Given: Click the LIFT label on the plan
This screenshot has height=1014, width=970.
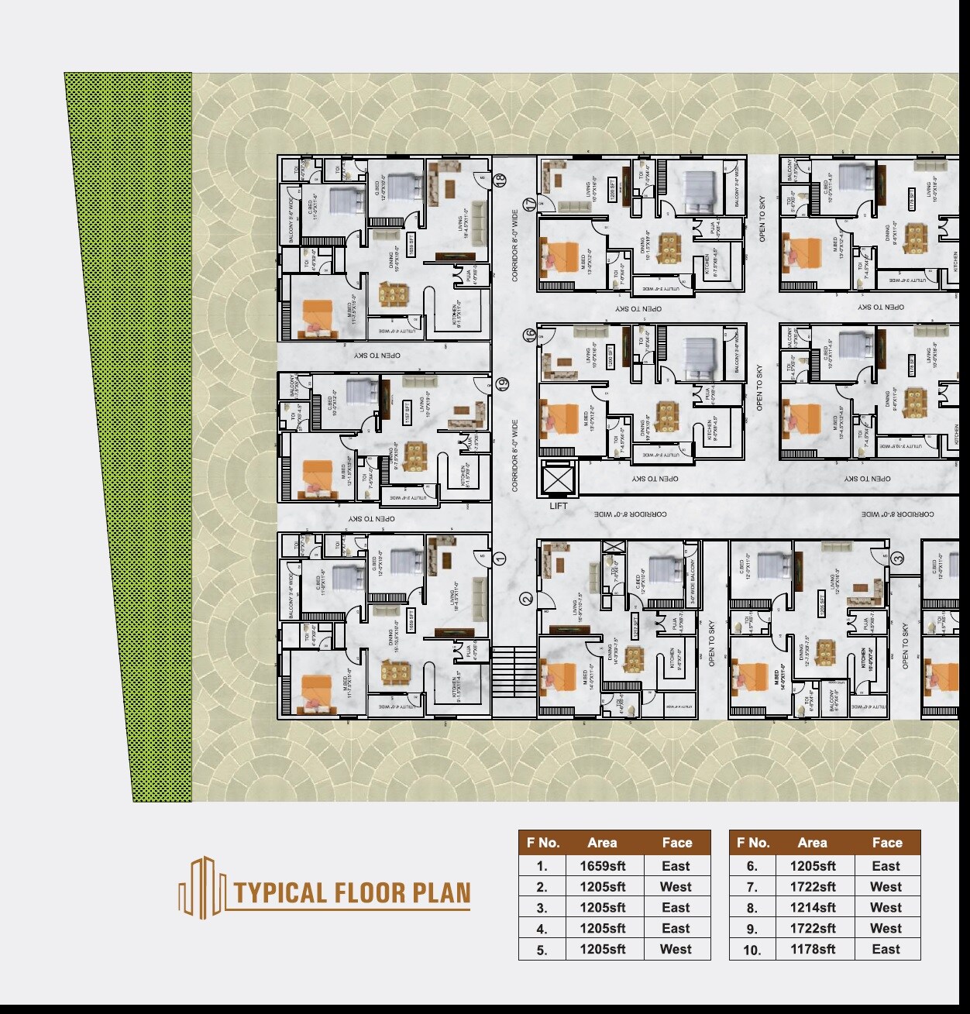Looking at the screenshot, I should [558, 506].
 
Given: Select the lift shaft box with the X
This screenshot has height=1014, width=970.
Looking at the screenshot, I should [557, 480].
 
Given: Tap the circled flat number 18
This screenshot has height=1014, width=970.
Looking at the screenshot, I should [500, 180].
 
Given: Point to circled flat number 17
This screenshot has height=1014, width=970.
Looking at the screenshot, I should [529, 205].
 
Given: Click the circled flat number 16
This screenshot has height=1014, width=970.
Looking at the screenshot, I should [529, 335].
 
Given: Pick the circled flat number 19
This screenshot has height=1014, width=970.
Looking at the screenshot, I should [501, 383].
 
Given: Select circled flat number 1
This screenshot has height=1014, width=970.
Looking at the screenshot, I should [500, 558].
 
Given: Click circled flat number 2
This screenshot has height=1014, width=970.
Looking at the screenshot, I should [527, 599].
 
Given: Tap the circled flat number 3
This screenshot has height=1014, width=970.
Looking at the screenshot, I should [897, 558].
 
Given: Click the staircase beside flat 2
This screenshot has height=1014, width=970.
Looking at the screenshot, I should [514, 671].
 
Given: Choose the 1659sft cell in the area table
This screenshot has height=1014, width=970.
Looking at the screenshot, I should [603, 866].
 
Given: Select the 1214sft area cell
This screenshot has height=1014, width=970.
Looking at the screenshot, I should [813, 908].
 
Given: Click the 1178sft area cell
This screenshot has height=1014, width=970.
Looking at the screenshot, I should [813, 950].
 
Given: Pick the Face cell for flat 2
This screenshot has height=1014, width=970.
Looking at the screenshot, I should [676, 887].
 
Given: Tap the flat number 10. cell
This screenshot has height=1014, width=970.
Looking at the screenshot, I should [752, 950].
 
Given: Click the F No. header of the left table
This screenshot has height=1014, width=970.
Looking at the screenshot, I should [542, 843].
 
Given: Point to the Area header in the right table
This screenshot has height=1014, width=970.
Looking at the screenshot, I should [812, 843].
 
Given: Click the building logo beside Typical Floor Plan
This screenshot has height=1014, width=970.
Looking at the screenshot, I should [202, 888].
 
